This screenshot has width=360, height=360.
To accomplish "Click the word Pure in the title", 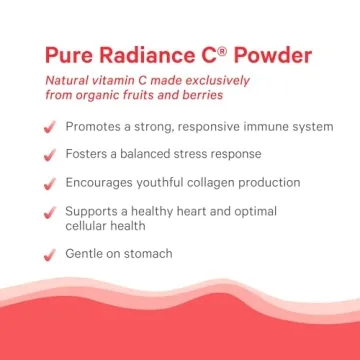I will click(69, 56).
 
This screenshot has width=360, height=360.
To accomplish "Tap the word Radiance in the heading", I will click(144, 56).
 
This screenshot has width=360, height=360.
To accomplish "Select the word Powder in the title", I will click(269, 56).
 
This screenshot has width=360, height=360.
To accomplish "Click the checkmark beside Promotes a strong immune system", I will click(49, 127).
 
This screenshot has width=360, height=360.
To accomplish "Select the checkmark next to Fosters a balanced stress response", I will click(49, 155).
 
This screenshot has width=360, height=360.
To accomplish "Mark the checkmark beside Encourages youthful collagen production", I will click(49, 183).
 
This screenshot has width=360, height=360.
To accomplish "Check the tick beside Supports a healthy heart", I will click(49, 213).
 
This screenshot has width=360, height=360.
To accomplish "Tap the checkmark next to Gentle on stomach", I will click(49, 255).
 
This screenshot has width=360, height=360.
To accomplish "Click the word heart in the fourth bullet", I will click(202, 211).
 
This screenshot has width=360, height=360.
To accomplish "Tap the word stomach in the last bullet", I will click(147, 254).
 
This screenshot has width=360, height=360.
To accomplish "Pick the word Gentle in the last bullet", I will click(87, 254).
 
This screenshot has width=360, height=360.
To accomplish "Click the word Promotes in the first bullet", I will click(97, 126).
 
